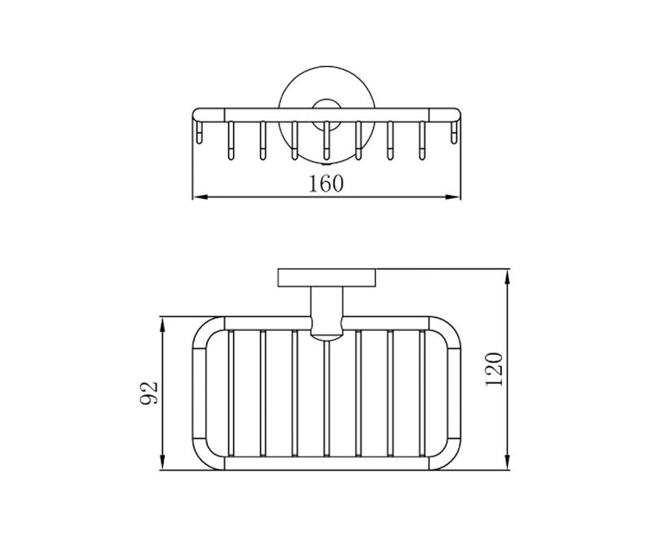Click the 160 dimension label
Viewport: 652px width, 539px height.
[x=327, y=183]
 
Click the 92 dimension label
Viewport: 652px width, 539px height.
[x=149, y=392]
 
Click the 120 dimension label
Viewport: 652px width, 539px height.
[x=495, y=369]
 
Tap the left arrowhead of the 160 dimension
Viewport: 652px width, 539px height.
[x=201, y=197]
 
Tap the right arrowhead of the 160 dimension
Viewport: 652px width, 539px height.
[x=452, y=197]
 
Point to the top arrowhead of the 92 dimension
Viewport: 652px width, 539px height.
[x=162, y=325]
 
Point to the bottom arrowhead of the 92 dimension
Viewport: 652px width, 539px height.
[x=162, y=462]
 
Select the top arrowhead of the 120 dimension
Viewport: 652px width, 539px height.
[x=507, y=277]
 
